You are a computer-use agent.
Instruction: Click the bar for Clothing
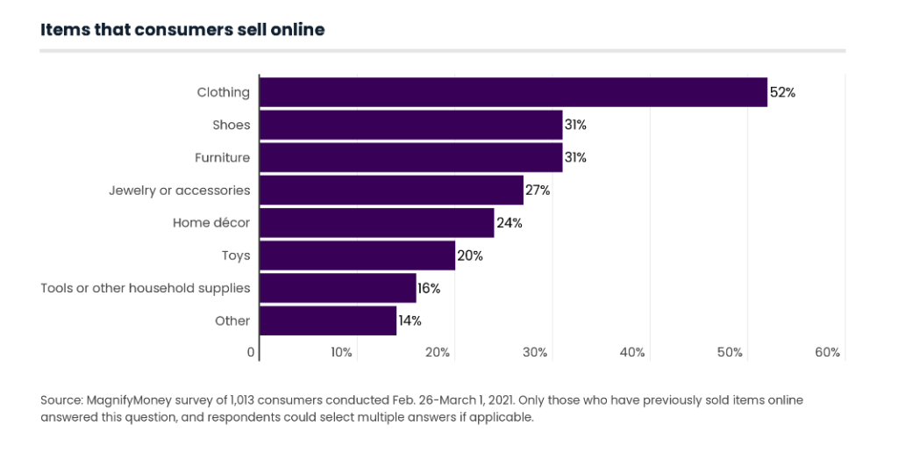[x=514, y=92]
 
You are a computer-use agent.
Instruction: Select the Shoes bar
[x=411, y=125]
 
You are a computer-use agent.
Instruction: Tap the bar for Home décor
[x=377, y=223]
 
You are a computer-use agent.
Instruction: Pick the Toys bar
[x=358, y=256]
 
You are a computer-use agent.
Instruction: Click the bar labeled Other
[x=329, y=321]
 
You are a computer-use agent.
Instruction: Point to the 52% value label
[x=782, y=92]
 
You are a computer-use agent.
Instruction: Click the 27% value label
[x=538, y=191]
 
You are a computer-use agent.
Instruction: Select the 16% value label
[x=429, y=288]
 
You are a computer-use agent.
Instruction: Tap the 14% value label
[x=410, y=321]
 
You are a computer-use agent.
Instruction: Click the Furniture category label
[x=222, y=158]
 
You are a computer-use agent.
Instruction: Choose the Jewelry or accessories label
[x=179, y=191]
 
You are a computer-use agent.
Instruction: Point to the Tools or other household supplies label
[x=146, y=288]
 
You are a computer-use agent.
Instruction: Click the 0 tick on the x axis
[x=251, y=353]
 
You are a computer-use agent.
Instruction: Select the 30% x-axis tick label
[x=535, y=353]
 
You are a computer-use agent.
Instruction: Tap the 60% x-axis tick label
[x=827, y=353]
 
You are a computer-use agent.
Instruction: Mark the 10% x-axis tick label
[x=341, y=353]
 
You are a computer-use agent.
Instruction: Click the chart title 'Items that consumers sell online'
[x=182, y=30]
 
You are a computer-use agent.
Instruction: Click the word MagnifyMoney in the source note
[x=126, y=400]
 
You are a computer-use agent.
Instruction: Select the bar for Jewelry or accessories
[x=392, y=191]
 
